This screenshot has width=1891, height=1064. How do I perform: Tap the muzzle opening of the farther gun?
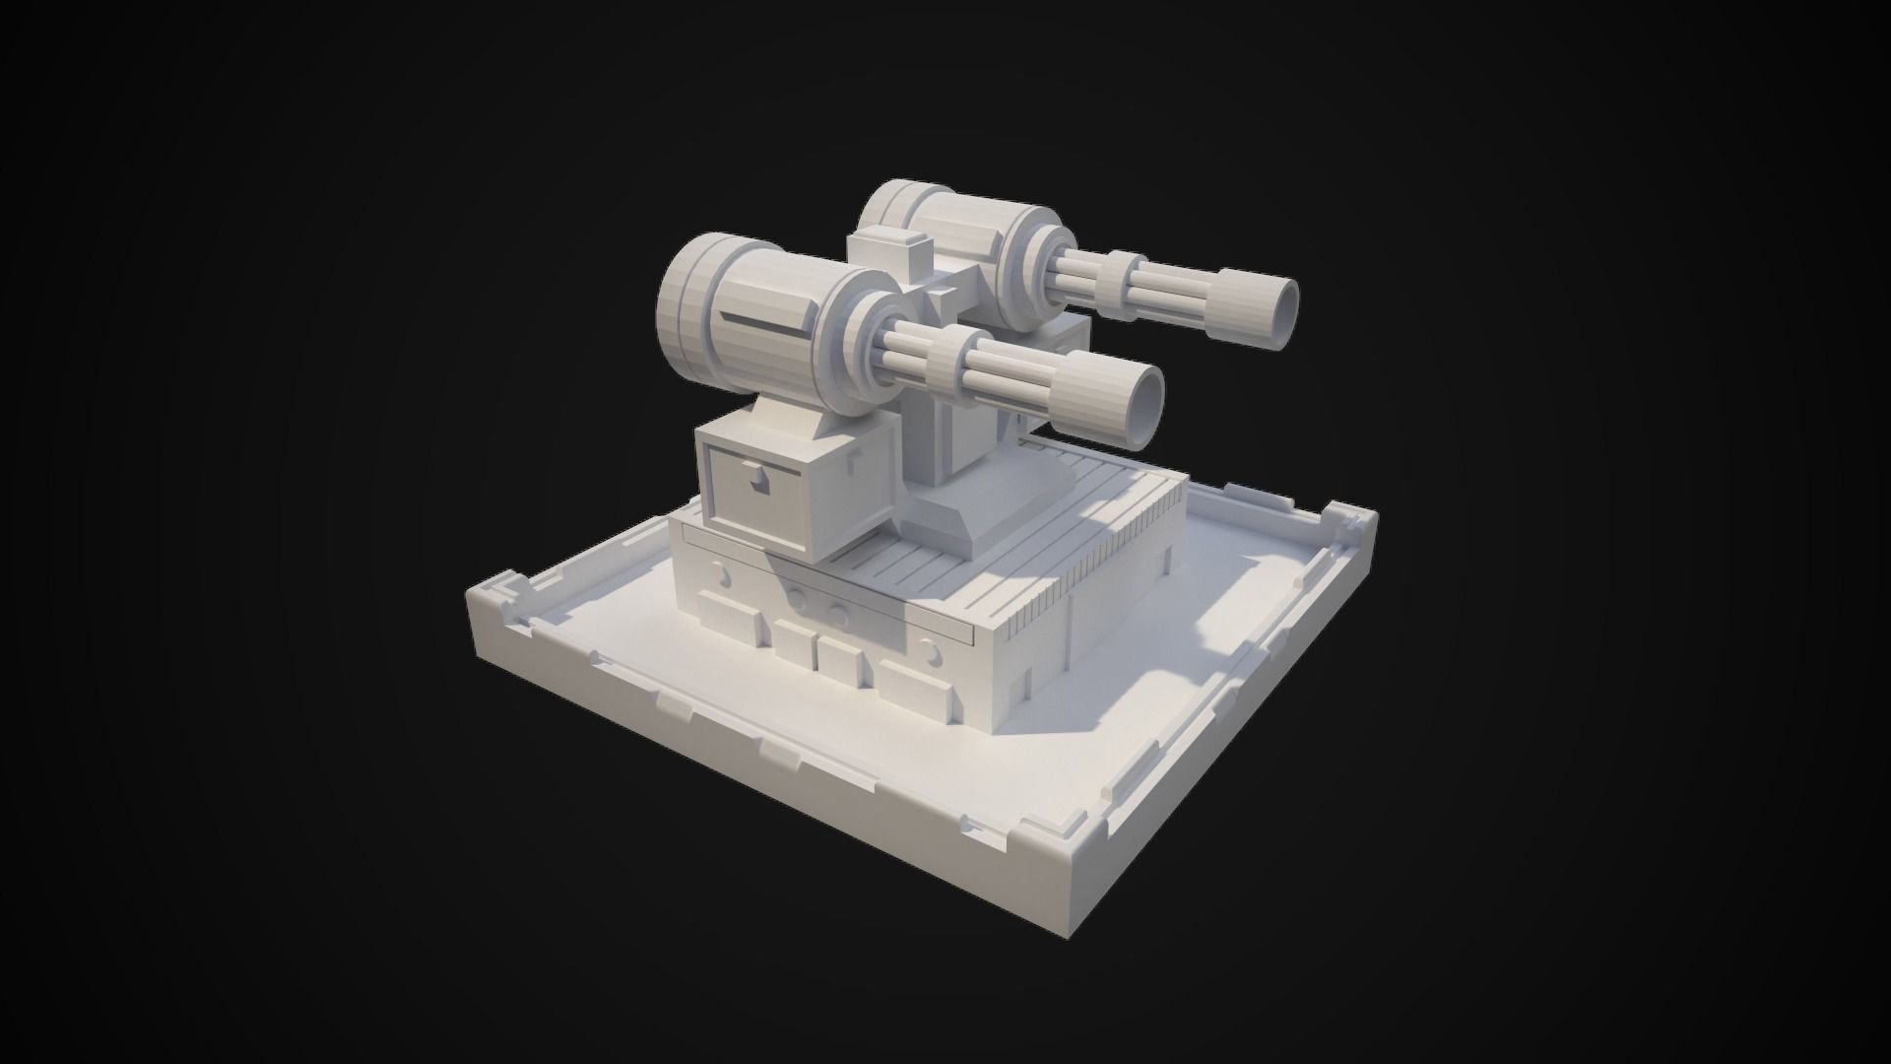click(1282, 306)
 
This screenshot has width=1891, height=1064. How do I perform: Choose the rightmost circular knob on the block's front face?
click(929, 651)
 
